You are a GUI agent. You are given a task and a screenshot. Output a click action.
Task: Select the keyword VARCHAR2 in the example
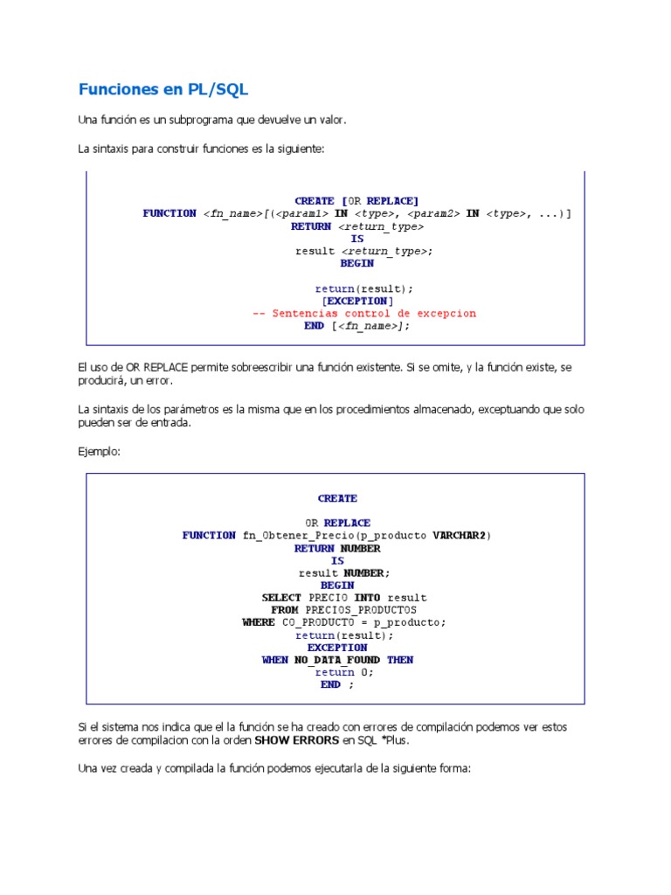[461, 535]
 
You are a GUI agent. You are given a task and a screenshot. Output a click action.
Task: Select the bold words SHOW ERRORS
[296, 740]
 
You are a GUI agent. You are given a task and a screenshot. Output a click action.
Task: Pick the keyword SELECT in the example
[282, 598]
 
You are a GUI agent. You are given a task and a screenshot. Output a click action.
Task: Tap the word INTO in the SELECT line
[367, 598]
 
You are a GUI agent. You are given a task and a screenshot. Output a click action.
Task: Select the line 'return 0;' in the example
[344, 672]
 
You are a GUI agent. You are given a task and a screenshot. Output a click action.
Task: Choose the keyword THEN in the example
[400, 660]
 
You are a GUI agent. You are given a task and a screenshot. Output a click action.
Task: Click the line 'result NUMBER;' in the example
[344, 572]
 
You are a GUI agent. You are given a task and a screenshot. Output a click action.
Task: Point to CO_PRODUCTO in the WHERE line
[313, 622]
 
